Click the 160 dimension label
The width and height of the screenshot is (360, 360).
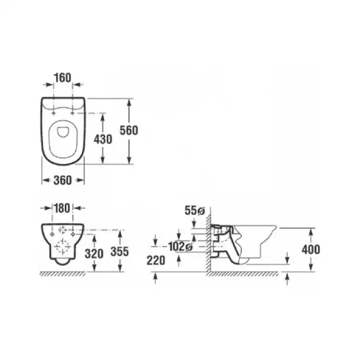pos(62,78)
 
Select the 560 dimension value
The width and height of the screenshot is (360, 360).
pos(129,130)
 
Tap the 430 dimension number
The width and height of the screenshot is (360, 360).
pos(103,139)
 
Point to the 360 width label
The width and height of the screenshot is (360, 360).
pos(62,180)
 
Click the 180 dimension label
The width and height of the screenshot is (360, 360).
pos(62,208)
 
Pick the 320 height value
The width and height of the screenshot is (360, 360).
pos(94,254)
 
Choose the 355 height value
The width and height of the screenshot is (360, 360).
pos(119,251)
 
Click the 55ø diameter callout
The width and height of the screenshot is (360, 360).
pos(194,211)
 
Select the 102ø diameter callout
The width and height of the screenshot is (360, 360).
pos(180,247)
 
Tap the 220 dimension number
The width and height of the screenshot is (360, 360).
pos(156,260)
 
